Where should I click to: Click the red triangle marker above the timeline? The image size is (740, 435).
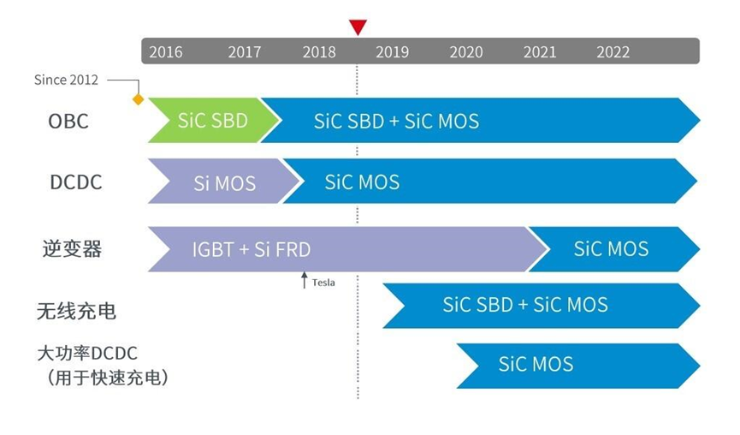358,27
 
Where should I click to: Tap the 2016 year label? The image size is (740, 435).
165,52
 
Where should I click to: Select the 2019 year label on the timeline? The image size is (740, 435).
392,52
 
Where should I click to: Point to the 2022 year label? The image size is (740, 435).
613,52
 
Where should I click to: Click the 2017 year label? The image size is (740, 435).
244,52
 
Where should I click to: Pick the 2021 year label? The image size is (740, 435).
539,52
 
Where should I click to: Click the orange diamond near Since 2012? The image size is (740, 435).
138,99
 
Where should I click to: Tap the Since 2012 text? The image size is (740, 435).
66,80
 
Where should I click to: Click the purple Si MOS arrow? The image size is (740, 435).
222,182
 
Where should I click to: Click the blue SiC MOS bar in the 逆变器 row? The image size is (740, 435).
611,249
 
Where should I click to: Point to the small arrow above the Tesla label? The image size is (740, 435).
304,279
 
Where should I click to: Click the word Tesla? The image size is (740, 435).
323,283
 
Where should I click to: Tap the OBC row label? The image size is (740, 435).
68,122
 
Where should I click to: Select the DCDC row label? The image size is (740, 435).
75,182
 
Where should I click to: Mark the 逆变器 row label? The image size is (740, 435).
72,249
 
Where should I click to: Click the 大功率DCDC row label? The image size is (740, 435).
87,353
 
